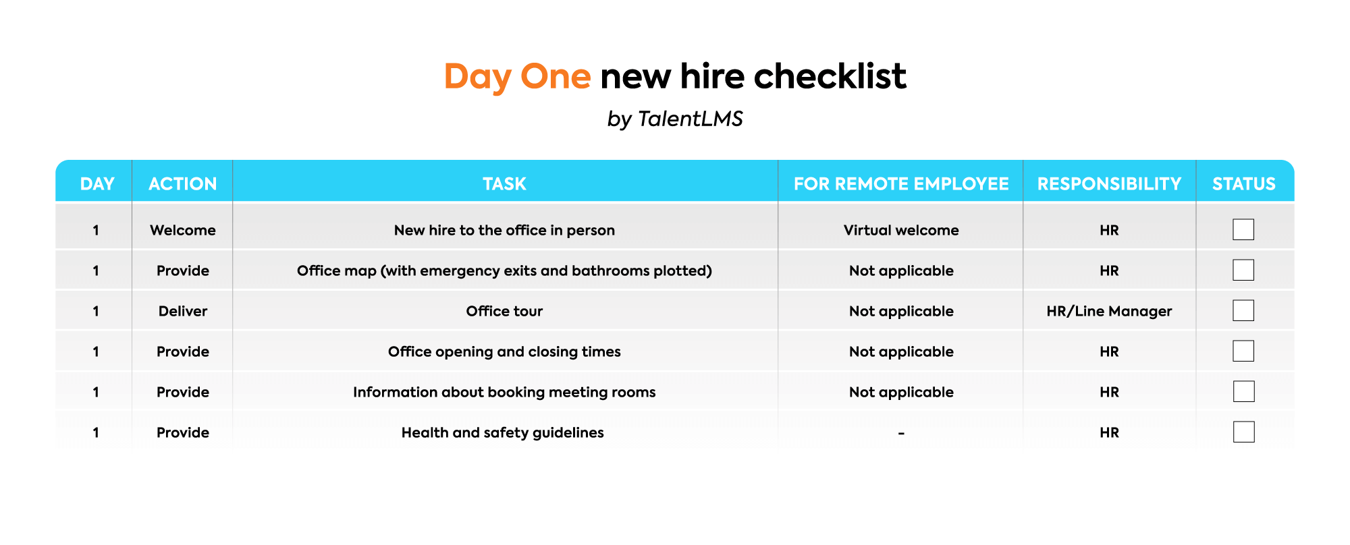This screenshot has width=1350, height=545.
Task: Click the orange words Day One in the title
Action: pyautogui.click(x=517, y=76)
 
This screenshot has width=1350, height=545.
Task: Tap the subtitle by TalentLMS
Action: pyautogui.click(x=675, y=119)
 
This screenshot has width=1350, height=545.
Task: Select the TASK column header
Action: pyautogui.click(x=504, y=183)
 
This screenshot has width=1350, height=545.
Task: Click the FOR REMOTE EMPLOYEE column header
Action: pyautogui.click(x=901, y=183)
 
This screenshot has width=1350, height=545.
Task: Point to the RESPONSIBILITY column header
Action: pyautogui.click(x=1109, y=183)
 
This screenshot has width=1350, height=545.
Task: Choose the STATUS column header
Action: pyautogui.click(x=1244, y=183)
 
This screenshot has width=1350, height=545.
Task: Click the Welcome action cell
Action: pyautogui.click(x=183, y=230)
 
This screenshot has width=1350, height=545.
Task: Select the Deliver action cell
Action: pyautogui.click(x=183, y=311)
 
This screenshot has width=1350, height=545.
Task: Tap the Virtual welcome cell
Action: pyautogui.click(x=901, y=230)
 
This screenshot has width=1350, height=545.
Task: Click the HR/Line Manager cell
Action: pyautogui.click(x=1109, y=311)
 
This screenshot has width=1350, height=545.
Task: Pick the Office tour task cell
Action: pyautogui.click(x=504, y=311)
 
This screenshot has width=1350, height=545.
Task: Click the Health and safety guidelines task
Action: pyautogui.click(x=503, y=432)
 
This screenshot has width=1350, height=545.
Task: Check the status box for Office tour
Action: pyautogui.click(x=1243, y=310)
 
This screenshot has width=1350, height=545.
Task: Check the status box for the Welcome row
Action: pyautogui.click(x=1243, y=229)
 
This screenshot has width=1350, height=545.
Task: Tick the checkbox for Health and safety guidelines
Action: pyautogui.click(x=1243, y=432)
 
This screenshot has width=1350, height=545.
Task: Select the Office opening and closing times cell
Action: pyautogui.click(x=504, y=351)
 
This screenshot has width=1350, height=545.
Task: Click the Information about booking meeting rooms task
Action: pyautogui.click(x=504, y=392)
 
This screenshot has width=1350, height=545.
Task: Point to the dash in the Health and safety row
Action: pyautogui.click(x=901, y=433)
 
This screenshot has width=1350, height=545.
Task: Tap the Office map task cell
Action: pyautogui.click(x=504, y=270)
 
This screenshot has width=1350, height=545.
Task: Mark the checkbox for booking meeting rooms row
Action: pyautogui.click(x=1243, y=391)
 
